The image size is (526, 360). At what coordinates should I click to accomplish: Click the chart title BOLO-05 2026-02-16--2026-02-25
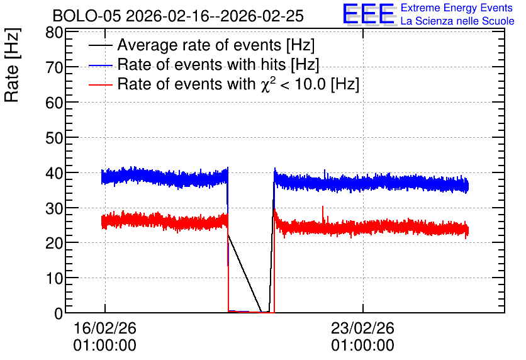tap(178, 16)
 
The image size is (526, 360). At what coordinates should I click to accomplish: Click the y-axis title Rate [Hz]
tap(12, 65)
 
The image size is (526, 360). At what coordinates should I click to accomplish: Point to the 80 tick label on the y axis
tap(54, 33)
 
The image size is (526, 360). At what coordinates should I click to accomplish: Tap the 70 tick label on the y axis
tap(54, 68)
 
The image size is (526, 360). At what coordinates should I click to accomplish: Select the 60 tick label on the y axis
tap(54, 103)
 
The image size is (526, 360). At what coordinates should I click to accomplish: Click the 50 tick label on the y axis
tap(54, 138)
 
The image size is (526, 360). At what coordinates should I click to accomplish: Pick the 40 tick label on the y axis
tap(54, 174)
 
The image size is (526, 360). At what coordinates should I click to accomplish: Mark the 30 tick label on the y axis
tap(54, 209)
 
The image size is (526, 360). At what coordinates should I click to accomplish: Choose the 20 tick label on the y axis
tap(54, 243)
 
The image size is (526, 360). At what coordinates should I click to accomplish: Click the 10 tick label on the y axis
tap(54, 278)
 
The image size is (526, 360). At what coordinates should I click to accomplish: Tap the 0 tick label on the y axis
tap(59, 313)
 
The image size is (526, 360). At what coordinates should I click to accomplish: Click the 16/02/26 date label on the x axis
tap(104, 328)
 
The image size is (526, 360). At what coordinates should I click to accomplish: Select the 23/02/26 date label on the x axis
tap(362, 328)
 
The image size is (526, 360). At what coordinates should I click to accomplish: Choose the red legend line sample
tap(101, 85)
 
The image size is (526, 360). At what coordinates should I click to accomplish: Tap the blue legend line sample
tap(101, 65)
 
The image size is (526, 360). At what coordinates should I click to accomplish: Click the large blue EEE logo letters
tap(369, 14)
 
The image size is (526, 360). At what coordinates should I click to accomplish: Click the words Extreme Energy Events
tap(457, 8)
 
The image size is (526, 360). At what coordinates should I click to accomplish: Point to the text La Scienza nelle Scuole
tap(457, 21)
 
